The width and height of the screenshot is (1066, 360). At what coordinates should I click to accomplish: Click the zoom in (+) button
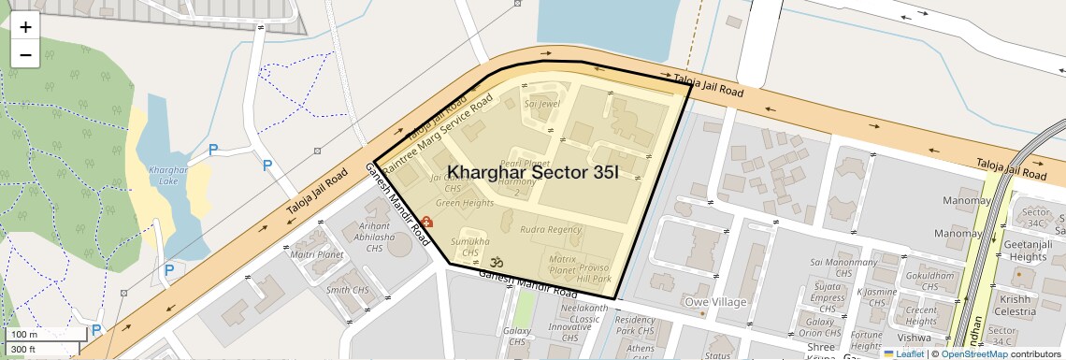pos(25,27)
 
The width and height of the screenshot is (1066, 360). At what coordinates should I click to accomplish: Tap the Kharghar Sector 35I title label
pos(533,172)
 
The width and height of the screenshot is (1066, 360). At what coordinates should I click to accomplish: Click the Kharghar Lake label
pos(168,175)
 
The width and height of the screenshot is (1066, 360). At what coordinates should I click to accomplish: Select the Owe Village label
pos(715,302)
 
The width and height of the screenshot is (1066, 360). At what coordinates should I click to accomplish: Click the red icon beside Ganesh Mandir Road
pos(426,222)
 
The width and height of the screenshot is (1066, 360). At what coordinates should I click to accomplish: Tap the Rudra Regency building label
pos(551,230)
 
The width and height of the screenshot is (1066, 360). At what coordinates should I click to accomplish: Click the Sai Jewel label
pos(541,104)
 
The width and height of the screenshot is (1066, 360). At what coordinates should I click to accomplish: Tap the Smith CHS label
pos(347,290)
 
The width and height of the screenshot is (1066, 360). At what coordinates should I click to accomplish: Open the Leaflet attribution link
pos(903,353)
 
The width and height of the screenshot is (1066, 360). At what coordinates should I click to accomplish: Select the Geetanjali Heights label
pos(1028,251)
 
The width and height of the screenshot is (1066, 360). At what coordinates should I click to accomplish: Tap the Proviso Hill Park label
pos(593,274)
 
